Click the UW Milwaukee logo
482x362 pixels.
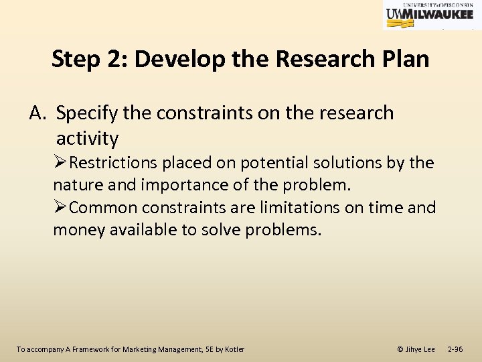coord(432,15)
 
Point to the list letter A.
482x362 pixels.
coord(37,113)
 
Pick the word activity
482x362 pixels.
coord(87,139)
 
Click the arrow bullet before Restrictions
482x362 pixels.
coord(60,163)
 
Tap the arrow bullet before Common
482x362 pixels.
coord(60,208)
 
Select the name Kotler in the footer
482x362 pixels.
coord(234,349)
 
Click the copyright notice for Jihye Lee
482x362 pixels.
coord(416,349)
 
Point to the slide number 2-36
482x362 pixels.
coord(456,349)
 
